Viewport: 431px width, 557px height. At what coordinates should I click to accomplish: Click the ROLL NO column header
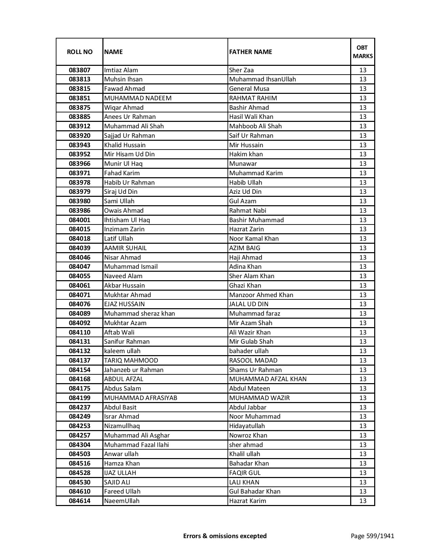coord(79,52)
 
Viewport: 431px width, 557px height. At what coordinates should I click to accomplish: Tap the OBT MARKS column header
coord(363,52)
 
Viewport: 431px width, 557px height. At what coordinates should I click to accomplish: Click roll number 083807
coord(79,70)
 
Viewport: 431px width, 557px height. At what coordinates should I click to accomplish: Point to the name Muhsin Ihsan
coord(123,79)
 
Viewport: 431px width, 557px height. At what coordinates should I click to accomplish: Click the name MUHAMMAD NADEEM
coord(138,98)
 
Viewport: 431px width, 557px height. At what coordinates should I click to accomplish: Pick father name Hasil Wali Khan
coord(251,117)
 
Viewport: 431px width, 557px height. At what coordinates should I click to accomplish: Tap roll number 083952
coord(79,154)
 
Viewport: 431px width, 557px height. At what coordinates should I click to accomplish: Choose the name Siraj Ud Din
coord(121,192)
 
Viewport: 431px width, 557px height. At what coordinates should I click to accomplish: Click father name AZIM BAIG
coord(245,248)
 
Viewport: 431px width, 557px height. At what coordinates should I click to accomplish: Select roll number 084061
coord(79,286)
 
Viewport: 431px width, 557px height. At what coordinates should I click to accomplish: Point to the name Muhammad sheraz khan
coord(140,314)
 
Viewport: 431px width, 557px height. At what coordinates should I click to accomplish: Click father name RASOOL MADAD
coord(253,361)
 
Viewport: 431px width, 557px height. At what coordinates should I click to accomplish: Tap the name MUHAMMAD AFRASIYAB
coord(141,398)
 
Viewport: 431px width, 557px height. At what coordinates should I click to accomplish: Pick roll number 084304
coord(79,445)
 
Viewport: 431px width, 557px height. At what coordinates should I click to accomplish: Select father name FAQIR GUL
coord(245,473)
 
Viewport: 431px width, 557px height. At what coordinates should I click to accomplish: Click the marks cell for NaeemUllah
coord(363,501)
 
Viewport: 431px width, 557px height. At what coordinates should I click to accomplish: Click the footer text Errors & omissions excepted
coord(225,536)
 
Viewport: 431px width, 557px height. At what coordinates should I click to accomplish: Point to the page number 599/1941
coord(373,536)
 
